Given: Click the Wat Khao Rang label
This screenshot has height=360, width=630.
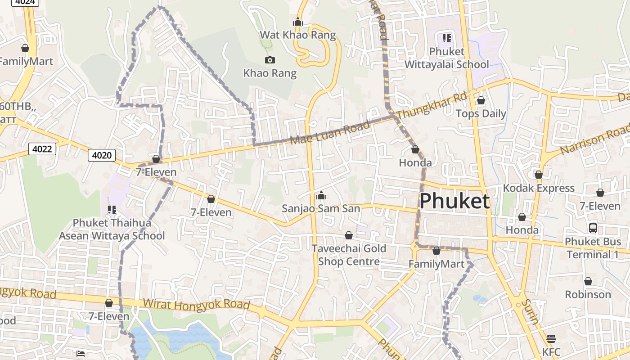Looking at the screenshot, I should tap(297, 35).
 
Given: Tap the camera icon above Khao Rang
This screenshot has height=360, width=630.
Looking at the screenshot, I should tap(270, 60).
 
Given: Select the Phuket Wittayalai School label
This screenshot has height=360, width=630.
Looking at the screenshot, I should tap(446, 58).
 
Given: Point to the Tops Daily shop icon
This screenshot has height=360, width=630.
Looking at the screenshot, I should tap(481, 100).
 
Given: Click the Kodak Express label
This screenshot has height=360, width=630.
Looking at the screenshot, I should tap(538, 188).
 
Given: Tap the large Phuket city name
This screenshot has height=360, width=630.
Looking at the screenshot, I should tap(454, 201).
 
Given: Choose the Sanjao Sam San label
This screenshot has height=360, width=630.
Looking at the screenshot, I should tap(321, 208).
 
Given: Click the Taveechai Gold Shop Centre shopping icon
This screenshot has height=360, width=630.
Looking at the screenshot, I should tap(348, 235).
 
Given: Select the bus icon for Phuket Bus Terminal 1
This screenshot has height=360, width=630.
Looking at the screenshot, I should tap(593, 228).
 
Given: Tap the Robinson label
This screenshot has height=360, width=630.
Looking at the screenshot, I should tap(588, 294).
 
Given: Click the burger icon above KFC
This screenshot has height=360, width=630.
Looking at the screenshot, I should tap(551, 338).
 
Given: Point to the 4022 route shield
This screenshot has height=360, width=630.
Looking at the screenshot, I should tap(42, 148).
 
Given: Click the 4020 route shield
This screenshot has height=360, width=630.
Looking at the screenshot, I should tap(102, 155).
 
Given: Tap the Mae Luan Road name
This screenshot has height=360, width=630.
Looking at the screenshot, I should tap(330, 132).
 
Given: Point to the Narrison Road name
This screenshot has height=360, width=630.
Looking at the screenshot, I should tap(595, 139).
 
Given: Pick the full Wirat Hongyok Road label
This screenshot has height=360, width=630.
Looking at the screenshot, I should tap(196, 304).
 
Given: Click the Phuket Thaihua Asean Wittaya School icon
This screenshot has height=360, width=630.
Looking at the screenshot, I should tap(112, 209).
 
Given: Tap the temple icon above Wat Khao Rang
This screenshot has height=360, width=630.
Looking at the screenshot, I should tap(297, 22).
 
